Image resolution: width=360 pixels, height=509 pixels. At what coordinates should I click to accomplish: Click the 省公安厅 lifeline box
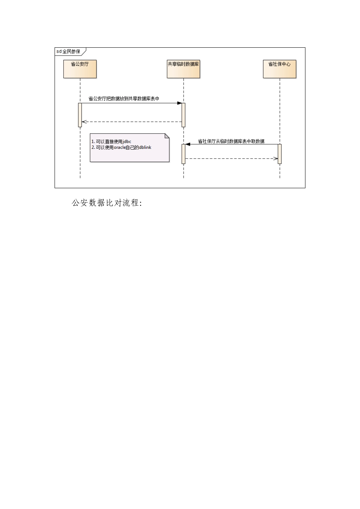coord(80,69)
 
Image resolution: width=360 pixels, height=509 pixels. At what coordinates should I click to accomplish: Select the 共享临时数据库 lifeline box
coord(183,69)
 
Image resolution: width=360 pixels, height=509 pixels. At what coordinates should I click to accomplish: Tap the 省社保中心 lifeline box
coord(280,69)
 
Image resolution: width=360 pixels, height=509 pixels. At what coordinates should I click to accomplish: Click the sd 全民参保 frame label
coord(69,51)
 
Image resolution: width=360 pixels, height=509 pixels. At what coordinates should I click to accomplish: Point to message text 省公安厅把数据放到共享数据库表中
coord(124,98)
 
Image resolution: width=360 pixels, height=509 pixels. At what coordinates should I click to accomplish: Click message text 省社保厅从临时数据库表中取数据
coord(231,141)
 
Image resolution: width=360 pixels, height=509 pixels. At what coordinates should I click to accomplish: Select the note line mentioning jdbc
coord(111,142)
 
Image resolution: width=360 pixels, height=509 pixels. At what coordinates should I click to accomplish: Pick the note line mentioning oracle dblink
coord(121,147)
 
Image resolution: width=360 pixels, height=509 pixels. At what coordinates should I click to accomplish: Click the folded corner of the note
coord(167,136)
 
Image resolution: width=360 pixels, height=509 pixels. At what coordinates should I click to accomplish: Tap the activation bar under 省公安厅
coord(80,115)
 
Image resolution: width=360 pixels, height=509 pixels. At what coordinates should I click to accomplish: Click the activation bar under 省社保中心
coord(280,154)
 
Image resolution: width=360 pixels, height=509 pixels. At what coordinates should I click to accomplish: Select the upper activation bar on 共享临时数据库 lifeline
coord(183,115)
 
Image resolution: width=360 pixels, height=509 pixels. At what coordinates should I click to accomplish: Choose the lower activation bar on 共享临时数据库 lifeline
coord(183,154)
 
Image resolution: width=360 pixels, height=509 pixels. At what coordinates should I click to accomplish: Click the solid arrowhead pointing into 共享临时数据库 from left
coord(179,103)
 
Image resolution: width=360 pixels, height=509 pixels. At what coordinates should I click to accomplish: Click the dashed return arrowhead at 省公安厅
coord(84,122)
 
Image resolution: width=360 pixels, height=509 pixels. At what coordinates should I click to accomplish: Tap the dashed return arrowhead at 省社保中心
coord(276,158)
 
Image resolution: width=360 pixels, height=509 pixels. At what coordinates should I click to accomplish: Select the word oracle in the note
coord(120,147)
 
